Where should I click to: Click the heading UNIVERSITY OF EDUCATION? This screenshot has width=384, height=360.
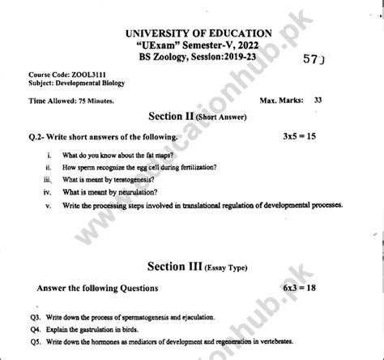click(198, 32)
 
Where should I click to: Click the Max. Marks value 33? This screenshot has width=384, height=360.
click(317, 100)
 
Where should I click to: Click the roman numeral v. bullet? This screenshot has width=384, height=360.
click(49, 206)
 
